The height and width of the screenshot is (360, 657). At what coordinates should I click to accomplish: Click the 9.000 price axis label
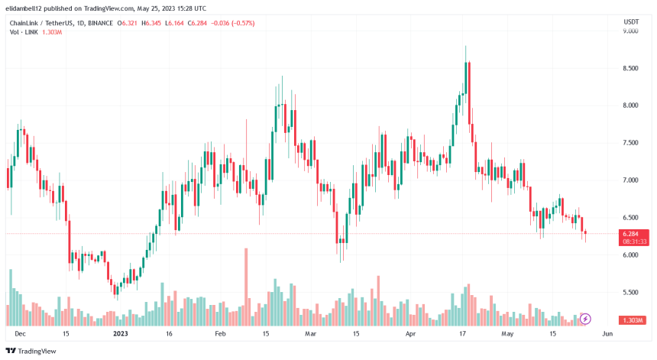click(x=630, y=31)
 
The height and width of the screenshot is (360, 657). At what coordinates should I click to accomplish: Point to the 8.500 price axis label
click(x=630, y=69)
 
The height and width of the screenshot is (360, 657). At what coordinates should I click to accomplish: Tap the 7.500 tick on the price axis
click(x=630, y=143)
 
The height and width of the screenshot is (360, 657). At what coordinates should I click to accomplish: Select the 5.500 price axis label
click(x=630, y=293)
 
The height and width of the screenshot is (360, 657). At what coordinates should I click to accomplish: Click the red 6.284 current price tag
click(x=635, y=234)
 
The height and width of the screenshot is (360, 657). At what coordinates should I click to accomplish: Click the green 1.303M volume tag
click(x=635, y=319)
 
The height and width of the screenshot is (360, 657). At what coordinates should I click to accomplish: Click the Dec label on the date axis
click(x=21, y=334)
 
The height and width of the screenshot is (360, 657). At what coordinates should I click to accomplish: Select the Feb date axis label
click(x=220, y=334)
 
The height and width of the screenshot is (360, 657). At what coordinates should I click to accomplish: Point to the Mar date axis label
click(x=309, y=334)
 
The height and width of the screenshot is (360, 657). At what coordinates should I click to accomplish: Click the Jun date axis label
click(x=607, y=334)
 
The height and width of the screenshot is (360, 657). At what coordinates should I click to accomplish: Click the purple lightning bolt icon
click(x=586, y=318)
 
